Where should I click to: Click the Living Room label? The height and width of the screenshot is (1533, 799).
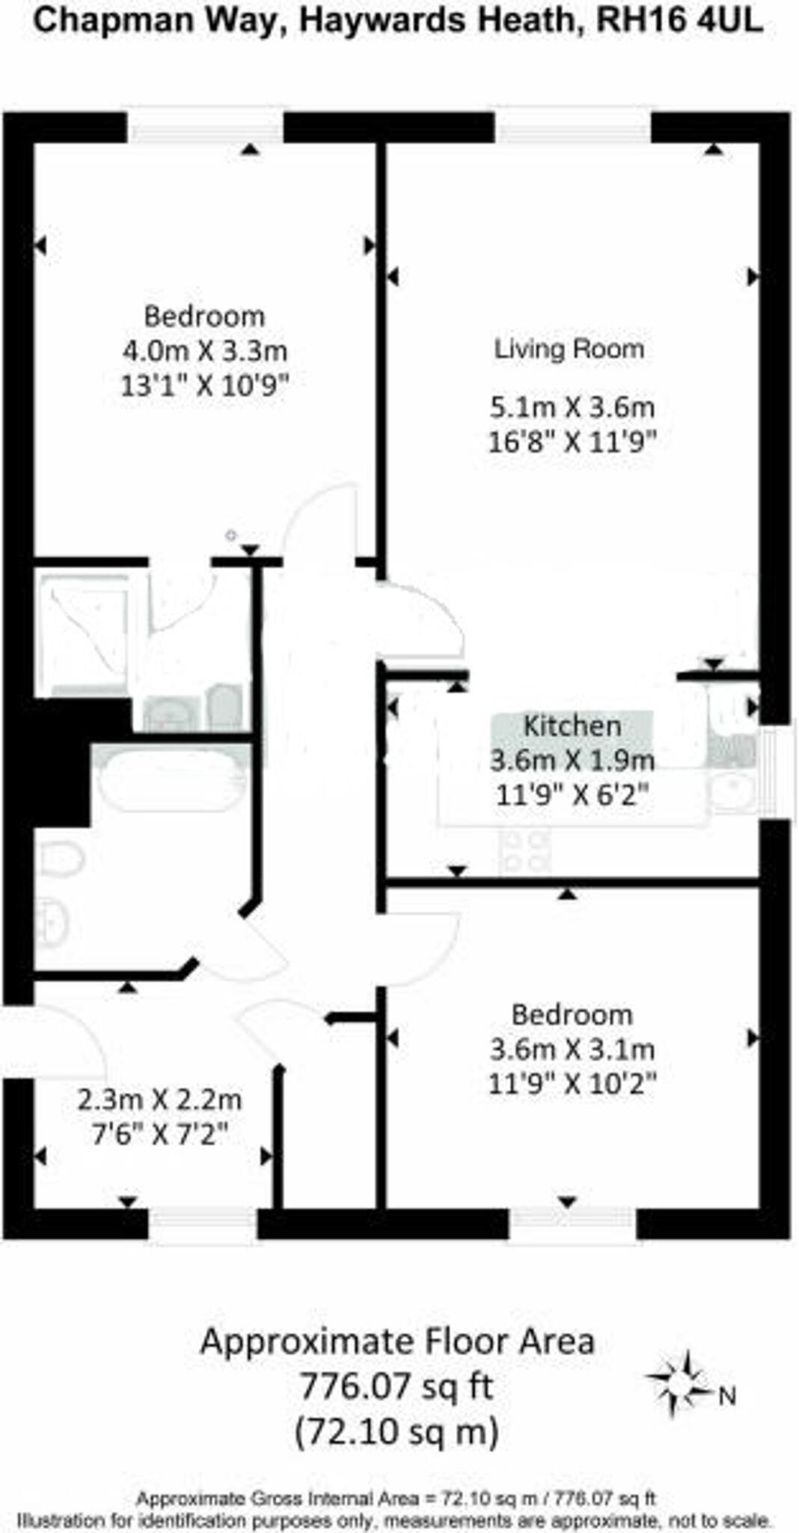[x=569, y=349]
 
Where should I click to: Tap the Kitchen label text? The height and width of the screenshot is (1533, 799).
[x=572, y=725]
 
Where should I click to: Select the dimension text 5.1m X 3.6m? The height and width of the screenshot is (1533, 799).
[x=572, y=408]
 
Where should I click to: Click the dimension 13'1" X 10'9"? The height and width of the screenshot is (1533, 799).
[x=204, y=385]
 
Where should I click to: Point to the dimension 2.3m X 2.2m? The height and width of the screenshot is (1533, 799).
[x=159, y=1100]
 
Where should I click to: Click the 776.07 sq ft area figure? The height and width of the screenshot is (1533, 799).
[x=396, y=1386]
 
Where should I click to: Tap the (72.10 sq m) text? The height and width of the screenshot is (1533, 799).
[x=397, y=1432]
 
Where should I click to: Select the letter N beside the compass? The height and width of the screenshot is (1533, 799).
[x=727, y=1396]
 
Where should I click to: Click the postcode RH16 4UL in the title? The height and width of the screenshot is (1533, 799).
[x=679, y=21]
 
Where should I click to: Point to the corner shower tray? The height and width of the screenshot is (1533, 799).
[x=84, y=635]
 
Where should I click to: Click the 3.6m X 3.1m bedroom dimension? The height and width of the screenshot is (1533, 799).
[x=572, y=1049]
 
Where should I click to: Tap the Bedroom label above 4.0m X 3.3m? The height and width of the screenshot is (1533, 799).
[x=204, y=316]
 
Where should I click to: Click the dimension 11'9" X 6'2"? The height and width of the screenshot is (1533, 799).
[x=572, y=794]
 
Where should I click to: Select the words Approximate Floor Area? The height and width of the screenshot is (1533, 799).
[x=397, y=1341]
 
